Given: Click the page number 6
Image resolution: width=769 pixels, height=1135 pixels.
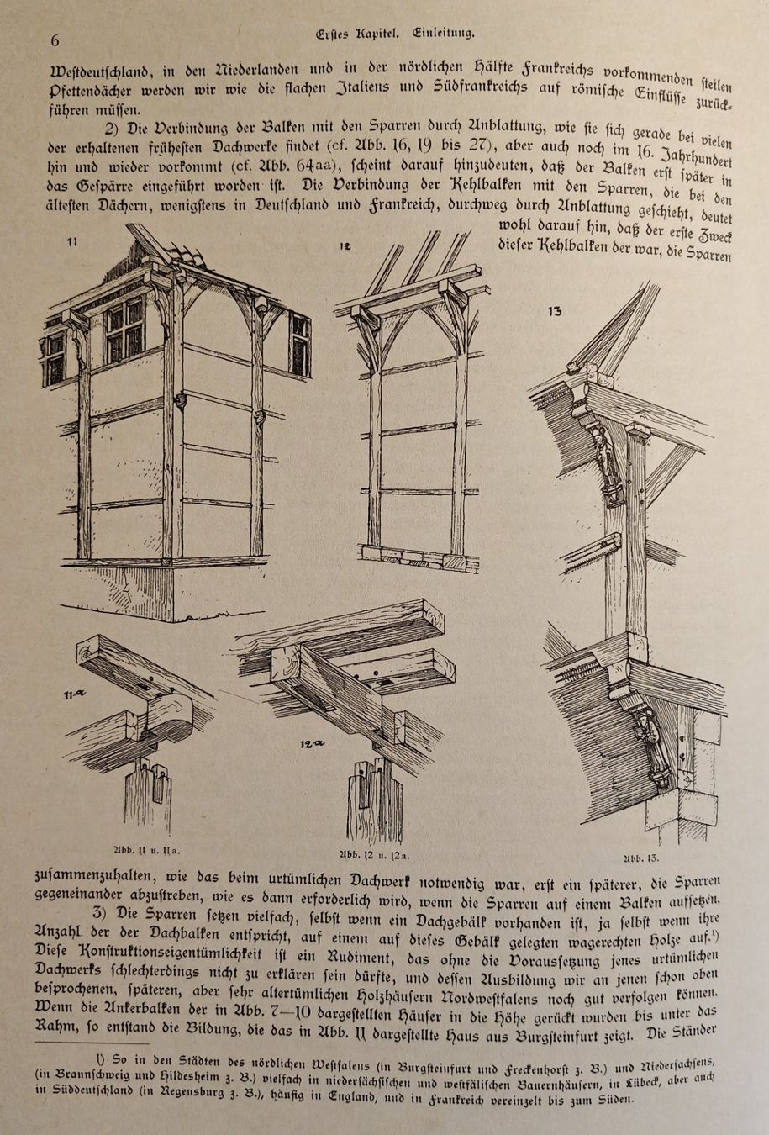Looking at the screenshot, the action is [55, 40].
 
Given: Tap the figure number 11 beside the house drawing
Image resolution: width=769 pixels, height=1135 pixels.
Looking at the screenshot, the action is [71, 242].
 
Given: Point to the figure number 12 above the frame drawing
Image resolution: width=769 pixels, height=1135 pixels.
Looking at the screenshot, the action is [345, 247].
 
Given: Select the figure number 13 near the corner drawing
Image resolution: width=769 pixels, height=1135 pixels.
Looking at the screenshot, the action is [555, 312].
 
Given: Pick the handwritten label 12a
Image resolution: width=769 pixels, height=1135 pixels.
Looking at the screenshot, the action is [313, 744].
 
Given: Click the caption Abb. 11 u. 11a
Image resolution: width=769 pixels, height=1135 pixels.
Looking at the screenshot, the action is [148, 850].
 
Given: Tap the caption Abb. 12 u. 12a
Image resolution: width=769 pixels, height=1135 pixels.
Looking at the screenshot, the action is [374, 855].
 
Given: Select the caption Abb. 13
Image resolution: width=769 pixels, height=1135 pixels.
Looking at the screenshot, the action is [640, 858].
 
